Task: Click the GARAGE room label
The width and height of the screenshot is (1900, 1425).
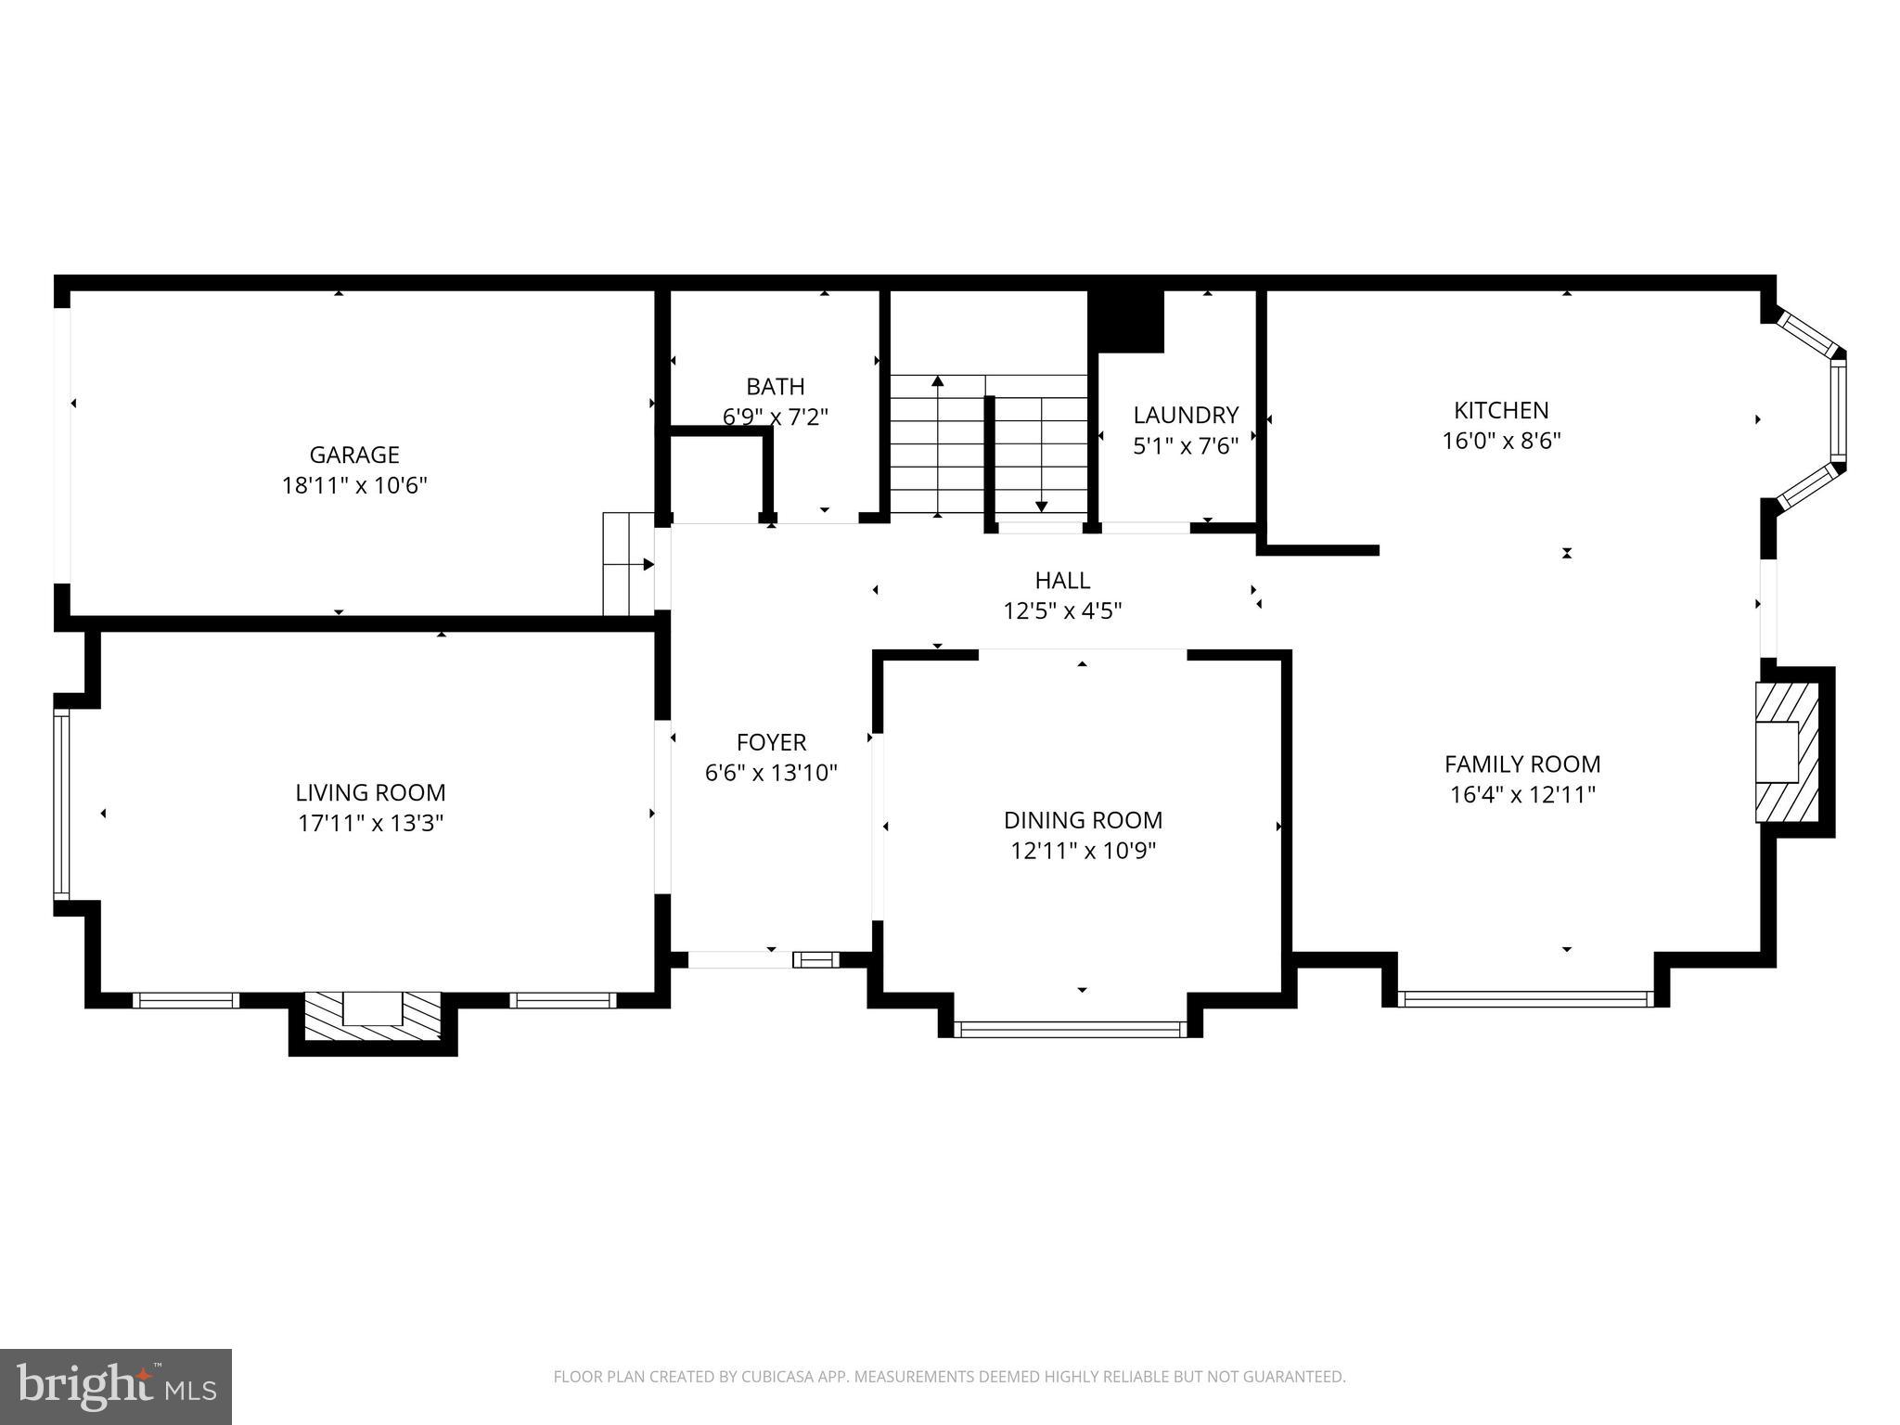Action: click(353, 455)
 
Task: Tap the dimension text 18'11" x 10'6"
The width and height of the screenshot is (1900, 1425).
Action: click(353, 485)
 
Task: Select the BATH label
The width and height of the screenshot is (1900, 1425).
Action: click(775, 386)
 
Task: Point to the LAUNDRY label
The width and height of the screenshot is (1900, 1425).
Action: click(1185, 415)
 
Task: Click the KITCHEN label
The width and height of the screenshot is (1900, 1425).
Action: click(1500, 410)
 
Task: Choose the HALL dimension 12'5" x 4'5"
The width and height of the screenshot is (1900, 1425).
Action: click(1062, 610)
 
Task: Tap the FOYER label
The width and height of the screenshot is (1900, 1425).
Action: click(771, 742)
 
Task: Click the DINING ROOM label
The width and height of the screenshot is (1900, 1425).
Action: click(1083, 820)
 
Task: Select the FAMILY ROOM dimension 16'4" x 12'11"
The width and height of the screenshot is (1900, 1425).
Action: click(1521, 795)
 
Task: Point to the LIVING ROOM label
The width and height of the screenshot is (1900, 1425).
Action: click(370, 792)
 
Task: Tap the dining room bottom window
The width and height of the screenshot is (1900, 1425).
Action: click(1070, 1028)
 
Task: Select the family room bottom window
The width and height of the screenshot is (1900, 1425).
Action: click(1524, 999)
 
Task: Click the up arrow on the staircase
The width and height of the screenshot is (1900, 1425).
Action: click(937, 382)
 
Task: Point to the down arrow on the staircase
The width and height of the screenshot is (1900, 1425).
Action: click(1041, 505)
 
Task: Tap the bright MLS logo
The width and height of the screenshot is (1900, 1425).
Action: click(116, 1386)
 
